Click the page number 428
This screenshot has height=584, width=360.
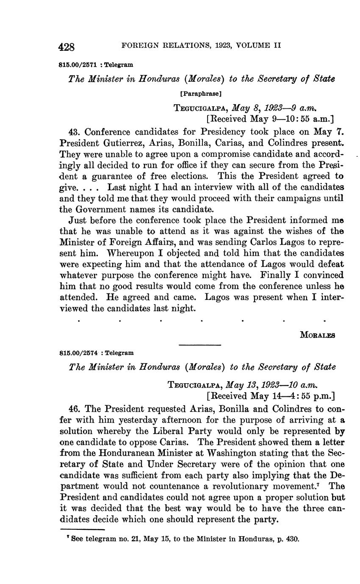[x=67, y=46]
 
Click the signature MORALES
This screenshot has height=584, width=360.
[x=317, y=335]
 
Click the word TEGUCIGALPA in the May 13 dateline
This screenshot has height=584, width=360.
[x=196, y=385]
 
